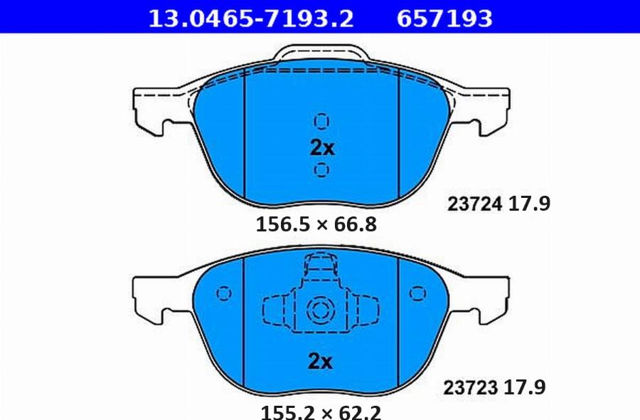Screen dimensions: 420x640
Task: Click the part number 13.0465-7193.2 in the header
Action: pos(250,17)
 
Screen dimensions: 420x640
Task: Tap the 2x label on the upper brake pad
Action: pos(321,148)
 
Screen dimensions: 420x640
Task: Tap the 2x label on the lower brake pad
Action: pos(321,362)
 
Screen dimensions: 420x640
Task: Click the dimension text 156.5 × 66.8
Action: pos(316,226)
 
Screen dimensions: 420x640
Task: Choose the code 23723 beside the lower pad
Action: pos(470,389)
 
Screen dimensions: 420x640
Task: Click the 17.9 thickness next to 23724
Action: pos(529,205)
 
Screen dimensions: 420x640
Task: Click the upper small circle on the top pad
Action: pos(321,120)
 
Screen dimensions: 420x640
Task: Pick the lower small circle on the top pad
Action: pos(321,169)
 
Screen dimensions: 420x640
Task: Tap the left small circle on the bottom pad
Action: pos(224,293)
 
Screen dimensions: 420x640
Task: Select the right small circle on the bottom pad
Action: pos(417,293)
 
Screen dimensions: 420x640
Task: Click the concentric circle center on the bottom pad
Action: pos(317,310)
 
